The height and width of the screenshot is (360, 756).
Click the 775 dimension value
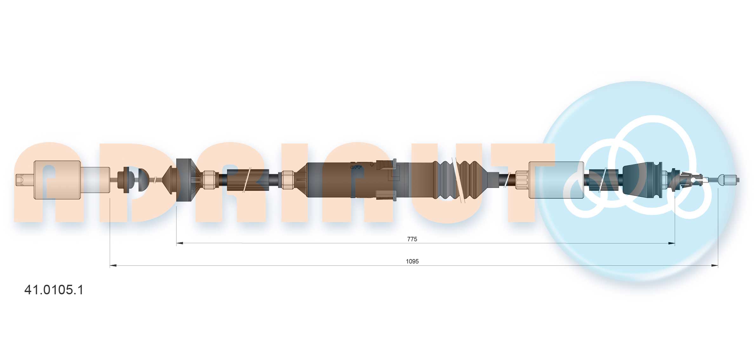(x=412, y=239)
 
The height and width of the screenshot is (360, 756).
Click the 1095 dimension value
(x=412, y=261)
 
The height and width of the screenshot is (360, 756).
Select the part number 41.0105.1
(x=54, y=290)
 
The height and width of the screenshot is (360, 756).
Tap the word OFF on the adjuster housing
(x=356, y=167)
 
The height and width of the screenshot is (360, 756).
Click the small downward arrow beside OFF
(x=371, y=165)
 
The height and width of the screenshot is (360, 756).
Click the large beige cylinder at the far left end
(x=57, y=180)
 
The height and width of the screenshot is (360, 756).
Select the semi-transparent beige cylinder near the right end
(x=556, y=180)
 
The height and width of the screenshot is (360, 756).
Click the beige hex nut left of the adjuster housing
(x=288, y=180)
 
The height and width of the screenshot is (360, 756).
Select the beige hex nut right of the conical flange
(x=209, y=180)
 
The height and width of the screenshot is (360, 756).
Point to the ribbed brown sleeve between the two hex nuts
(x=248, y=180)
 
